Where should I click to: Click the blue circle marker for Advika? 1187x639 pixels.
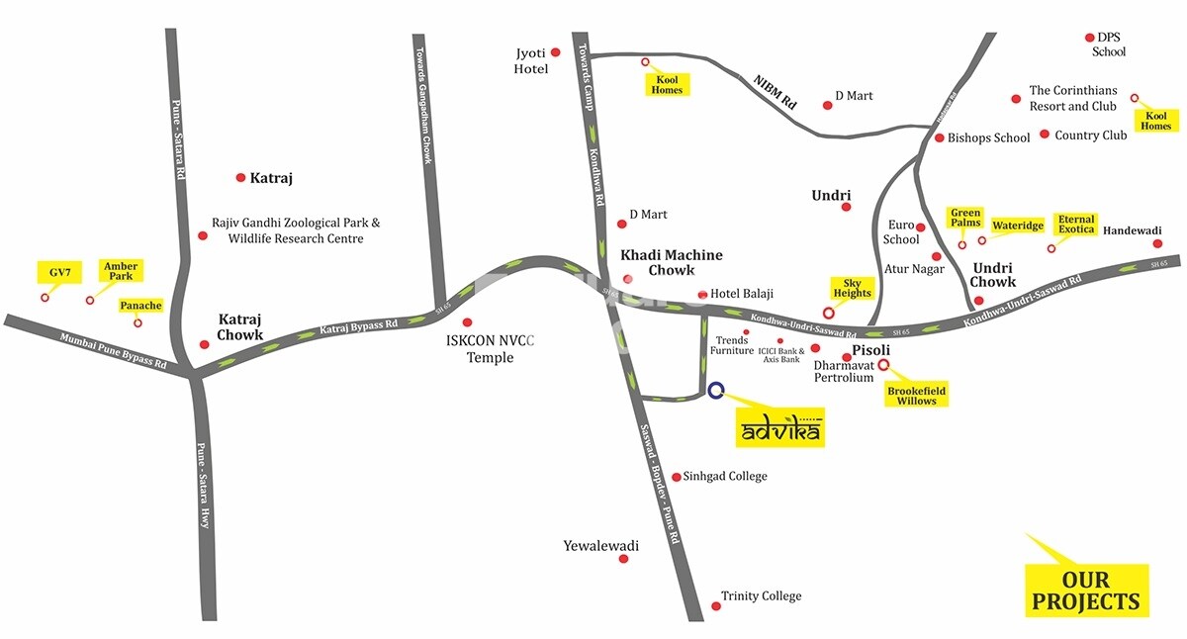click(716, 390)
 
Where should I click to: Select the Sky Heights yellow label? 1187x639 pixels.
click(852, 288)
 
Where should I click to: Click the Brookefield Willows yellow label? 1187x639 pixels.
click(916, 396)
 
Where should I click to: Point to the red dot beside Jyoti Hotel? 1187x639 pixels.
click(556, 51)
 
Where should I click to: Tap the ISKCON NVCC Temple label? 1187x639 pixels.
click(491, 349)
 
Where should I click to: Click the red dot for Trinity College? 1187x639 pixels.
click(715, 606)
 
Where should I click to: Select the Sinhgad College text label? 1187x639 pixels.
click(725, 476)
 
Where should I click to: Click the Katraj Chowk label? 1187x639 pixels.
click(240, 327)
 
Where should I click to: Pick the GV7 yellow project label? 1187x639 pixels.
click(56, 271)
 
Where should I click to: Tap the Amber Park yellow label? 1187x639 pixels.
click(121, 270)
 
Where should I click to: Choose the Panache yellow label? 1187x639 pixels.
click(140, 306)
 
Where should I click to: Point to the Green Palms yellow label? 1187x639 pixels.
click(965, 218)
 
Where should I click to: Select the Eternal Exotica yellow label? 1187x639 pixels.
click(1075, 225)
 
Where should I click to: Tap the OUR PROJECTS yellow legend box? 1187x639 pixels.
click(1086, 591)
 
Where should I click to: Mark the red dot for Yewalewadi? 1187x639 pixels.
click(623, 559)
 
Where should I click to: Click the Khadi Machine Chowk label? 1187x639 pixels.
click(671, 262)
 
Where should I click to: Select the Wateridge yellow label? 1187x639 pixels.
click(1018, 226)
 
